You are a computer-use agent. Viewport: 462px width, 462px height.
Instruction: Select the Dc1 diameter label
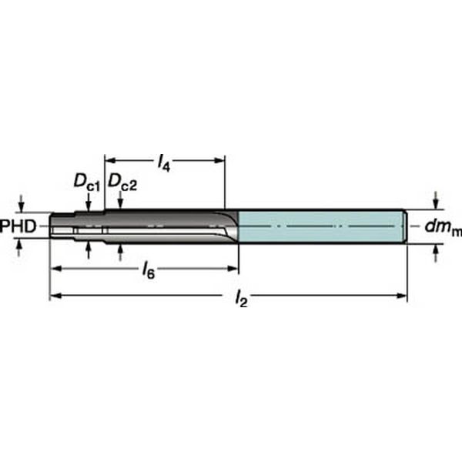click(x=86, y=182)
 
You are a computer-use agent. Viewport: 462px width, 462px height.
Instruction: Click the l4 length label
click(x=163, y=163)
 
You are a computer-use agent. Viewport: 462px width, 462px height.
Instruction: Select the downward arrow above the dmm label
click(x=437, y=202)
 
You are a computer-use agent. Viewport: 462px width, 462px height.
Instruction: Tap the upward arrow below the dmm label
click(x=437, y=249)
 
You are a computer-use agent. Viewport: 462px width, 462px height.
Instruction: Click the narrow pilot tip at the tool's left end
click(x=62, y=226)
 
